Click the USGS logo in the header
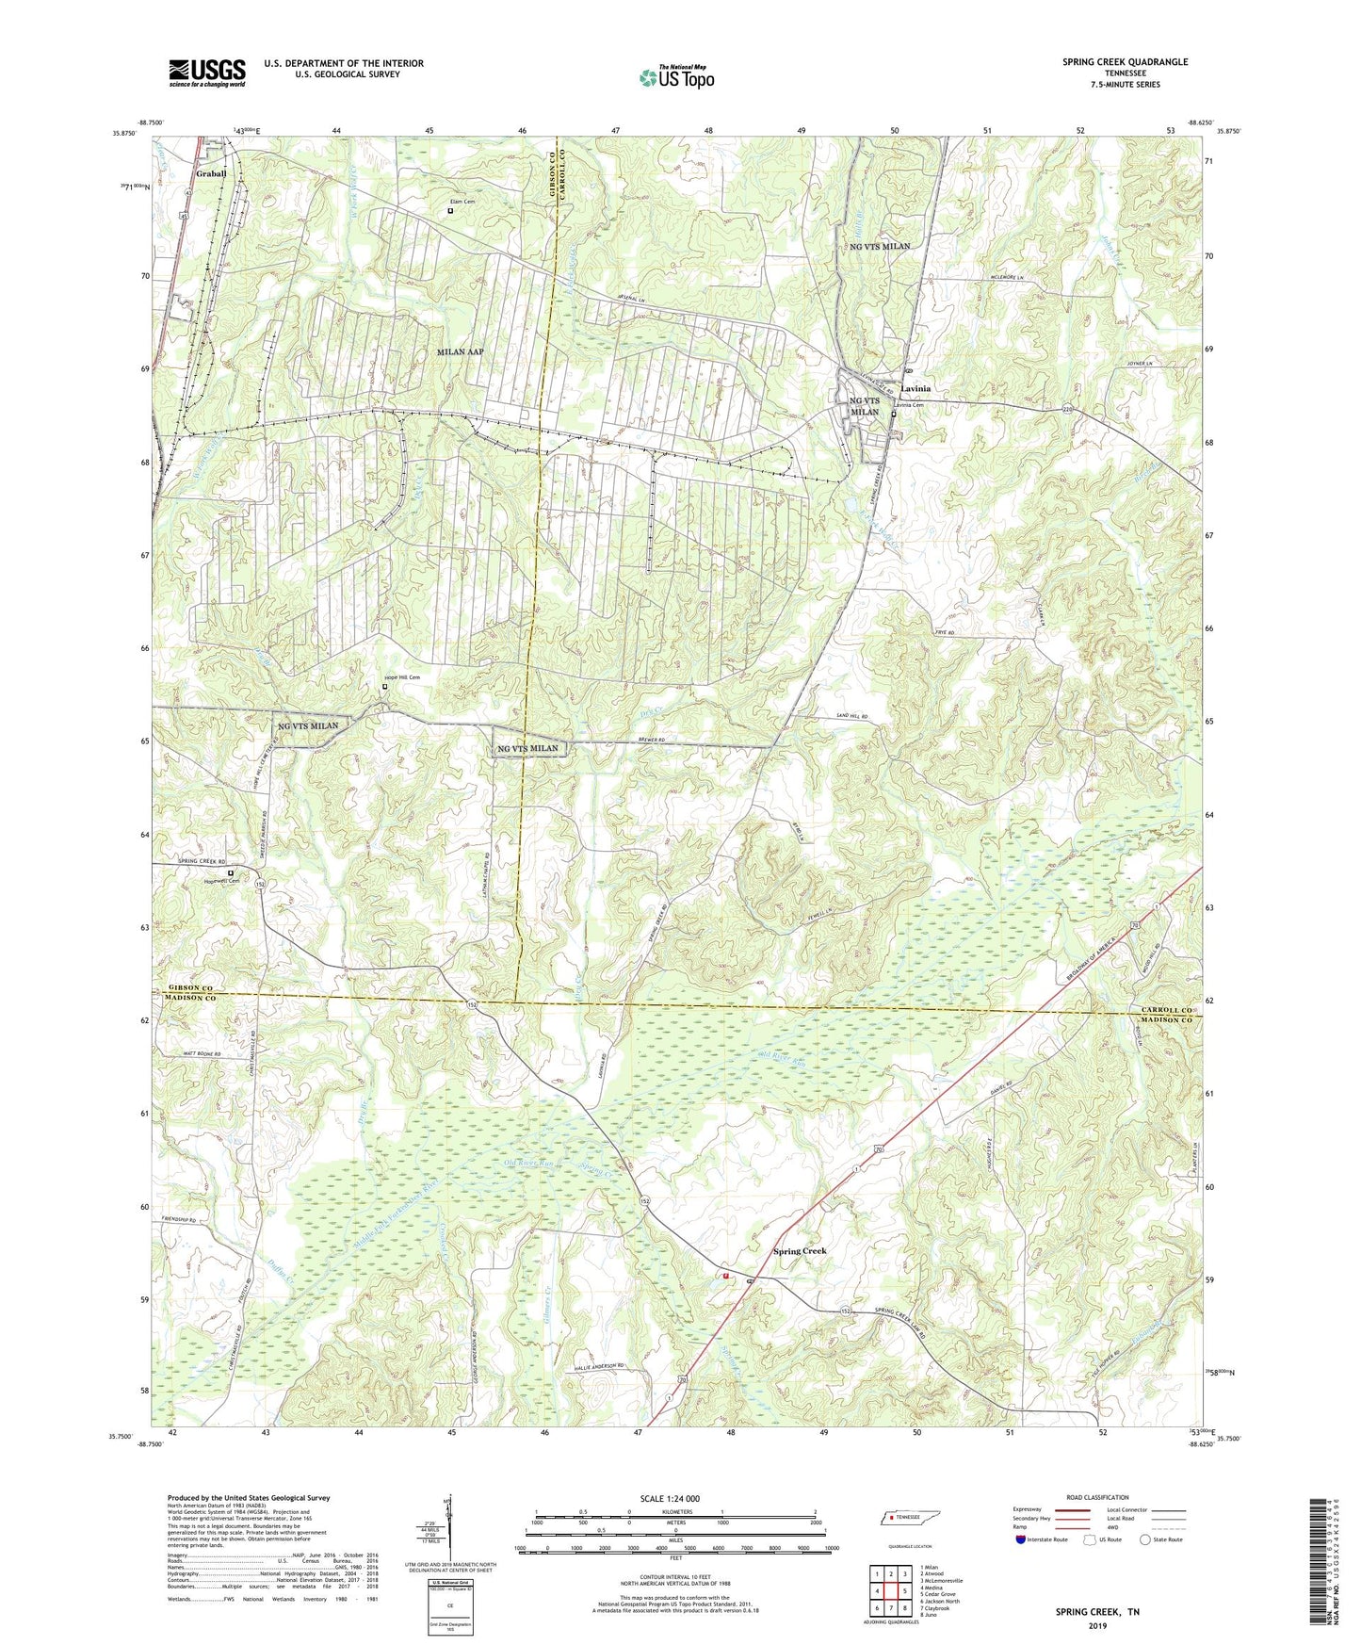click(x=207, y=73)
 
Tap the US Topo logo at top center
click(x=676, y=77)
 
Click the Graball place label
click(x=211, y=174)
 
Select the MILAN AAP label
click(x=461, y=351)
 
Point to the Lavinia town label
click(x=915, y=389)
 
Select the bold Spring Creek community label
click(x=800, y=1251)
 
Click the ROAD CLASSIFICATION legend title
click(x=1097, y=1497)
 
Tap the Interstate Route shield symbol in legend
click(x=1021, y=1539)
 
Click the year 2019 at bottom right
click(x=1098, y=1626)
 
